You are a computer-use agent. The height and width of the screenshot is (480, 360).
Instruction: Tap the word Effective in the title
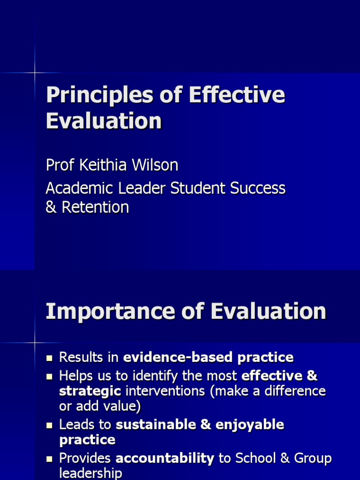coord(237,95)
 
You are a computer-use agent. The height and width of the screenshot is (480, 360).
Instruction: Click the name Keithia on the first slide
coord(104,165)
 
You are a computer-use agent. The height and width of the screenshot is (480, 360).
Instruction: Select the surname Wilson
coord(155,165)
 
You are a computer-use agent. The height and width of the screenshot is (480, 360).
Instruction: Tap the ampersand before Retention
coord(51,207)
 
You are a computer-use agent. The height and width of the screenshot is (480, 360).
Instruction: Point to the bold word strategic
coord(90,391)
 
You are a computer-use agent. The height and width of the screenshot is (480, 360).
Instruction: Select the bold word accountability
coord(165,458)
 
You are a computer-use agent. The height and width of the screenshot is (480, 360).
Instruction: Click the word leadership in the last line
coord(90,473)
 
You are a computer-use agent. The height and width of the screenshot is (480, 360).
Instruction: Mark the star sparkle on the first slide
coord(35,73)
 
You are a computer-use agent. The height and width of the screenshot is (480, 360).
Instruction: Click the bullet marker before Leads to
coord(49,426)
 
